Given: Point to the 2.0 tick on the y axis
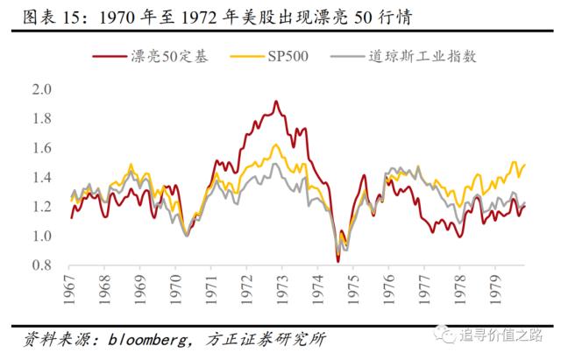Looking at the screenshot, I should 42,89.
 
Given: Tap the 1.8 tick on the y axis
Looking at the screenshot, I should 42,118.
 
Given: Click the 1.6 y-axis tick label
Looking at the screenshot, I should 42,148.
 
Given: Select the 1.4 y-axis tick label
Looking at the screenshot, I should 42,177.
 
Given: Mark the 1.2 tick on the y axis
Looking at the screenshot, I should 42,207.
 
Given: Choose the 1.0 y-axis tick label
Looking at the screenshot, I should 42,236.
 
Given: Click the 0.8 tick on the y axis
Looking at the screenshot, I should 42,265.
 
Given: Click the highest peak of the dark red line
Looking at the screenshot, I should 276,102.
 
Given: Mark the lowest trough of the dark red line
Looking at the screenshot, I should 338,261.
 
